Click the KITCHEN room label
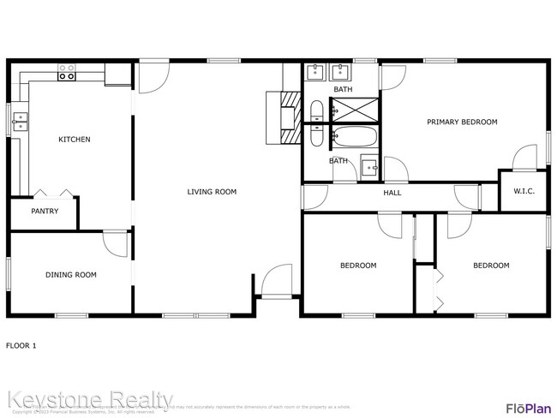[x=74, y=140]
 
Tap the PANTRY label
[x=45, y=211]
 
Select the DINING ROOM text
[x=70, y=275]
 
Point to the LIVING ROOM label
[x=212, y=192]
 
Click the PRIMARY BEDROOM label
[x=462, y=122]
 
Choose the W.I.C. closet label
[x=524, y=192]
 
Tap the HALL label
[x=392, y=193]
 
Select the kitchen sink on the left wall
[x=18, y=122]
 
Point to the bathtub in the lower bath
[x=353, y=137]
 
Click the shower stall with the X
[x=354, y=109]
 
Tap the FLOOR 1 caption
[x=21, y=346]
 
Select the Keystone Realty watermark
[x=90, y=399]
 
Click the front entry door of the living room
[x=276, y=283]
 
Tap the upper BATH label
[x=343, y=89]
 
